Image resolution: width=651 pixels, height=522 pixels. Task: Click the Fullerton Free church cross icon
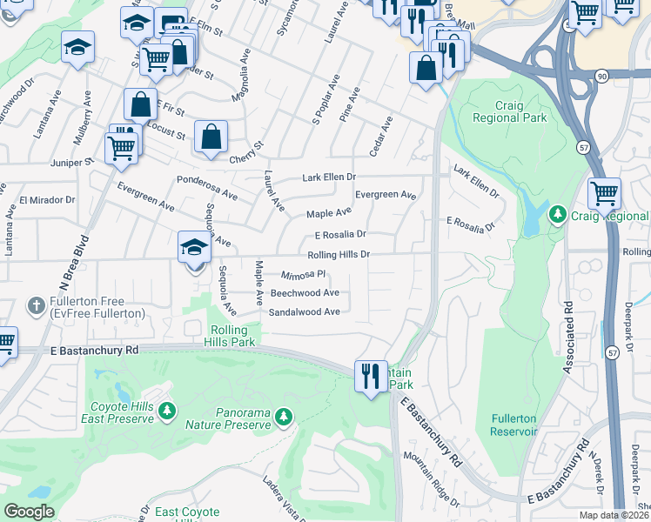pyautogui.click(x=36, y=304)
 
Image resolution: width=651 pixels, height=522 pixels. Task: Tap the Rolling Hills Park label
pyautogui.click(x=235, y=336)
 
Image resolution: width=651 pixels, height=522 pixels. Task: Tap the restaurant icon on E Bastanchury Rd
pyautogui.click(x=371, y=376)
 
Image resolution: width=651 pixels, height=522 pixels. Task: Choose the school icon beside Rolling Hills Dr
pyautogui.click(x=194, y=248)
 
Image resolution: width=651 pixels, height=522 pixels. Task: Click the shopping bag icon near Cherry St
pyautogui.click(x=211, y=137)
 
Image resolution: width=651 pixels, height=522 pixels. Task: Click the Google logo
pyautogui.click(x=29, y=511)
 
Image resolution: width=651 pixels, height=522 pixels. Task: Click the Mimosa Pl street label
pyautogui.click(x=303, y=275)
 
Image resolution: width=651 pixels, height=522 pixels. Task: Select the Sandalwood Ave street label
pyautogui.click(x=304, y=311)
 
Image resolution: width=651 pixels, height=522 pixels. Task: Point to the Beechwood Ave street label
pyautogui.click(x=305, y=293)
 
